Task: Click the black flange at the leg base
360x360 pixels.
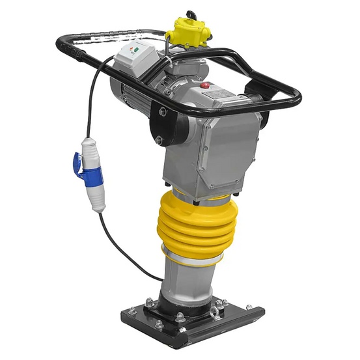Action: coord(189,306)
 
